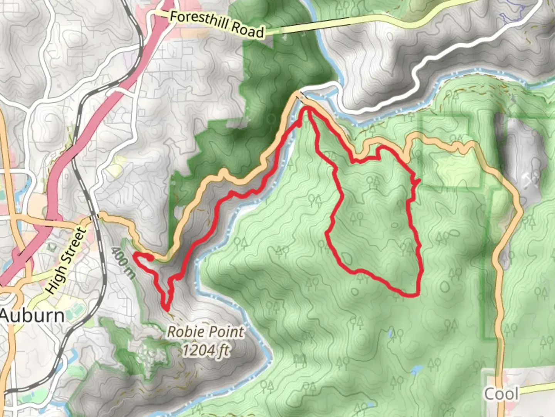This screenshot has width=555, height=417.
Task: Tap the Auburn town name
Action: click(33, 315)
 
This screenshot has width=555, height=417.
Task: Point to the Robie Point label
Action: click(205, 332)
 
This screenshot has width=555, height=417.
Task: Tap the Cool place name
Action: click(501, 394)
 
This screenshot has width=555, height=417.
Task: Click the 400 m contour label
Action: click(123, 262)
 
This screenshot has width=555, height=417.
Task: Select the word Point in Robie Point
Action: click(225, 332)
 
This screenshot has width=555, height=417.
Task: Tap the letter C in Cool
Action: click(489, 394)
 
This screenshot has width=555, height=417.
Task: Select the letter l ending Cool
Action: click(516, 394)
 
